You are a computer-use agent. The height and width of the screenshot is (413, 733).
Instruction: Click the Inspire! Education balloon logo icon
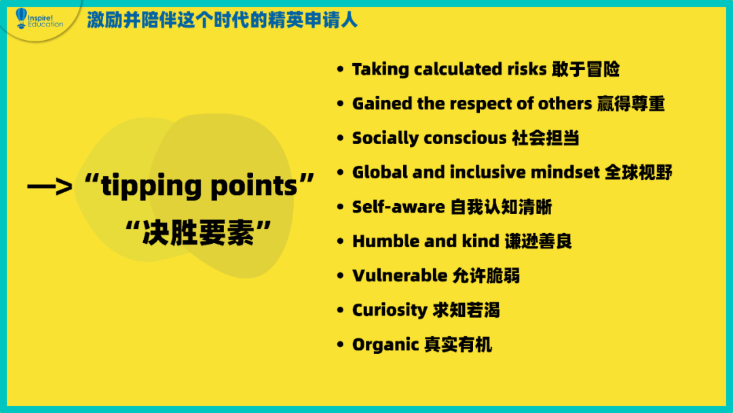click(22, 18)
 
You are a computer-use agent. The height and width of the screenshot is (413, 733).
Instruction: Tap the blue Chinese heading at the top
click(222, 20)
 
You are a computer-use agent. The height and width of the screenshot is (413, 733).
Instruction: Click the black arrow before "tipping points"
click(50, 187)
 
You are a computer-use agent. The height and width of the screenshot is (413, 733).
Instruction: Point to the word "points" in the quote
click(254, 185)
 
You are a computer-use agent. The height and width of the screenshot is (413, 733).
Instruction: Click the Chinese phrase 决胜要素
click(198, 232)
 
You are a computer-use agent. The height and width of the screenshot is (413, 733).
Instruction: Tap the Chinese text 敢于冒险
click(585, 69)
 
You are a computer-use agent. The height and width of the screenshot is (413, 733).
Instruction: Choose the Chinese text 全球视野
click(638, 173)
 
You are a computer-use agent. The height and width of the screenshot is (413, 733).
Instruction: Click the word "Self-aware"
click(398, 206)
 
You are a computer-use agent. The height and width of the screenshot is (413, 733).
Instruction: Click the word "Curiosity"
click(390, 310)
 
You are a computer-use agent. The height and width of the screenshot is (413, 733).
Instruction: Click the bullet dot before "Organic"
click(340, 344)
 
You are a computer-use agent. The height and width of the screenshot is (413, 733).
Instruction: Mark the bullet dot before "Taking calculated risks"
click(340, 69)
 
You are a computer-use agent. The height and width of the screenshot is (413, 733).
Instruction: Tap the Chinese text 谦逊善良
click(538, 241)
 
